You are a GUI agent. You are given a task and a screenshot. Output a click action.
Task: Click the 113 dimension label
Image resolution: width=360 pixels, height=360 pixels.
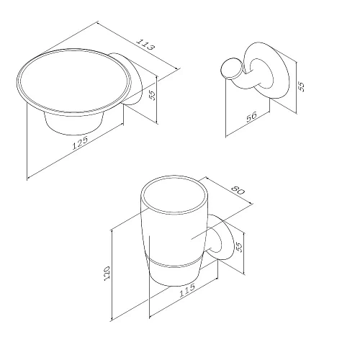pyautogui.click(x=145, y=45)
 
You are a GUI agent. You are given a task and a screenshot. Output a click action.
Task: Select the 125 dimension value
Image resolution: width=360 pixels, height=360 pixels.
pyautogui.click(x=81, y=143)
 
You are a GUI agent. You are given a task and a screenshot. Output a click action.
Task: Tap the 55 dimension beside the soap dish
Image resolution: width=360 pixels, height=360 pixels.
pyautogui.click(x=153, y=96)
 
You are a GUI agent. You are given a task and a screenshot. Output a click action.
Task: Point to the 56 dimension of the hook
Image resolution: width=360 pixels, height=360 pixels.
pyautogui.click(x=251, y=117)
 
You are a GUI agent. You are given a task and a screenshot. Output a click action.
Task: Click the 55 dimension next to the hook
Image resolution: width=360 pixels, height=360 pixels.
pyautogui.click(x=301, y=86)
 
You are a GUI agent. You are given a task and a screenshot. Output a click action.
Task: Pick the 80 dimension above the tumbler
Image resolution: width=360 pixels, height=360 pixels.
pyautogui.click(x=238, y=191)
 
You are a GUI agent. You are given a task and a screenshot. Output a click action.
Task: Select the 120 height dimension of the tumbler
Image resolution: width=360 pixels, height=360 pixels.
pyautogui.click(x=107, y=272)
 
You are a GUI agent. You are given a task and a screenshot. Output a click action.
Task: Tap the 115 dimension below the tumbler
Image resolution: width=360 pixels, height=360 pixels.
pyautogui.click(x=187, y=290)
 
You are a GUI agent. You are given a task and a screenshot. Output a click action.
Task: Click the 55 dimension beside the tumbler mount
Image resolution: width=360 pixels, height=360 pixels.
pyautogui.click(x=239, y=247)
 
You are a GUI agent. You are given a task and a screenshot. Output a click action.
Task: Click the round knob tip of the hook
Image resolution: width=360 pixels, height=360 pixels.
pyautogui.click(x=230, y=68)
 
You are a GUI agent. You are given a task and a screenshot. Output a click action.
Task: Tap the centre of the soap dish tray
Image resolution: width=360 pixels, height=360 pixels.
pyautogui.click(x=74, y=81)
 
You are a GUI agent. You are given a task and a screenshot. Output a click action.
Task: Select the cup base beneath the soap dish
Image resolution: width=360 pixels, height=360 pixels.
pyautogui.click(x=74, y=124)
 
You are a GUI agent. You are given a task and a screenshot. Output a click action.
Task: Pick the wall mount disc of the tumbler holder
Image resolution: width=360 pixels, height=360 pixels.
pyautogui.click(x=222, y=238)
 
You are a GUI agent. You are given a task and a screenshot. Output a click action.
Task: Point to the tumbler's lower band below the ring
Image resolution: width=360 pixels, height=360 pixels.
pyautogui.click(x=175, y=274)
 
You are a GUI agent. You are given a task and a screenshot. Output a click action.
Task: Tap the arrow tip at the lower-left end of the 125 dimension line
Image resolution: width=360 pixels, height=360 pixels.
pyautogui.click(x=27, y=179)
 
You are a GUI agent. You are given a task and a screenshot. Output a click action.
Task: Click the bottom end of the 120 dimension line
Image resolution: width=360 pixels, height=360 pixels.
pyautogui.click(x=112, y=321)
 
